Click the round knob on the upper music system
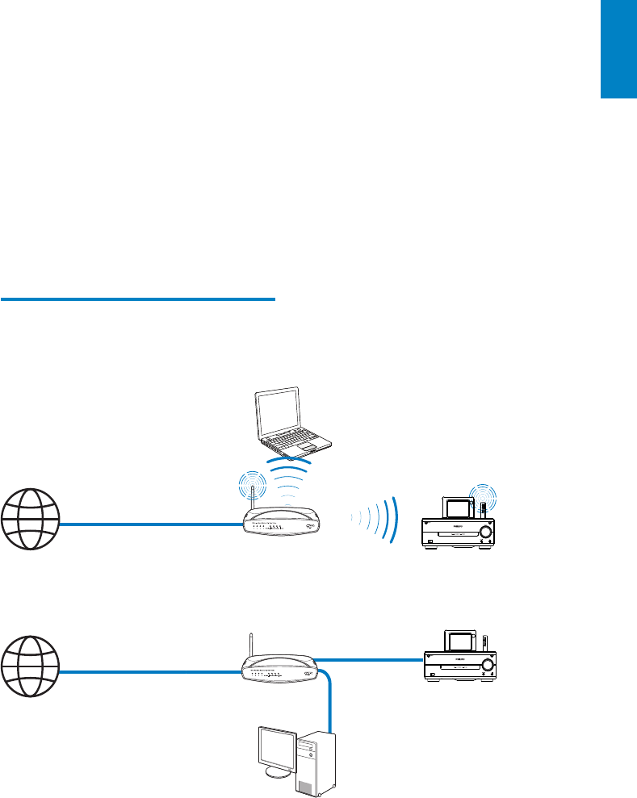pos(484,532)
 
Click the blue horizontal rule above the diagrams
pos(138,299)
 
